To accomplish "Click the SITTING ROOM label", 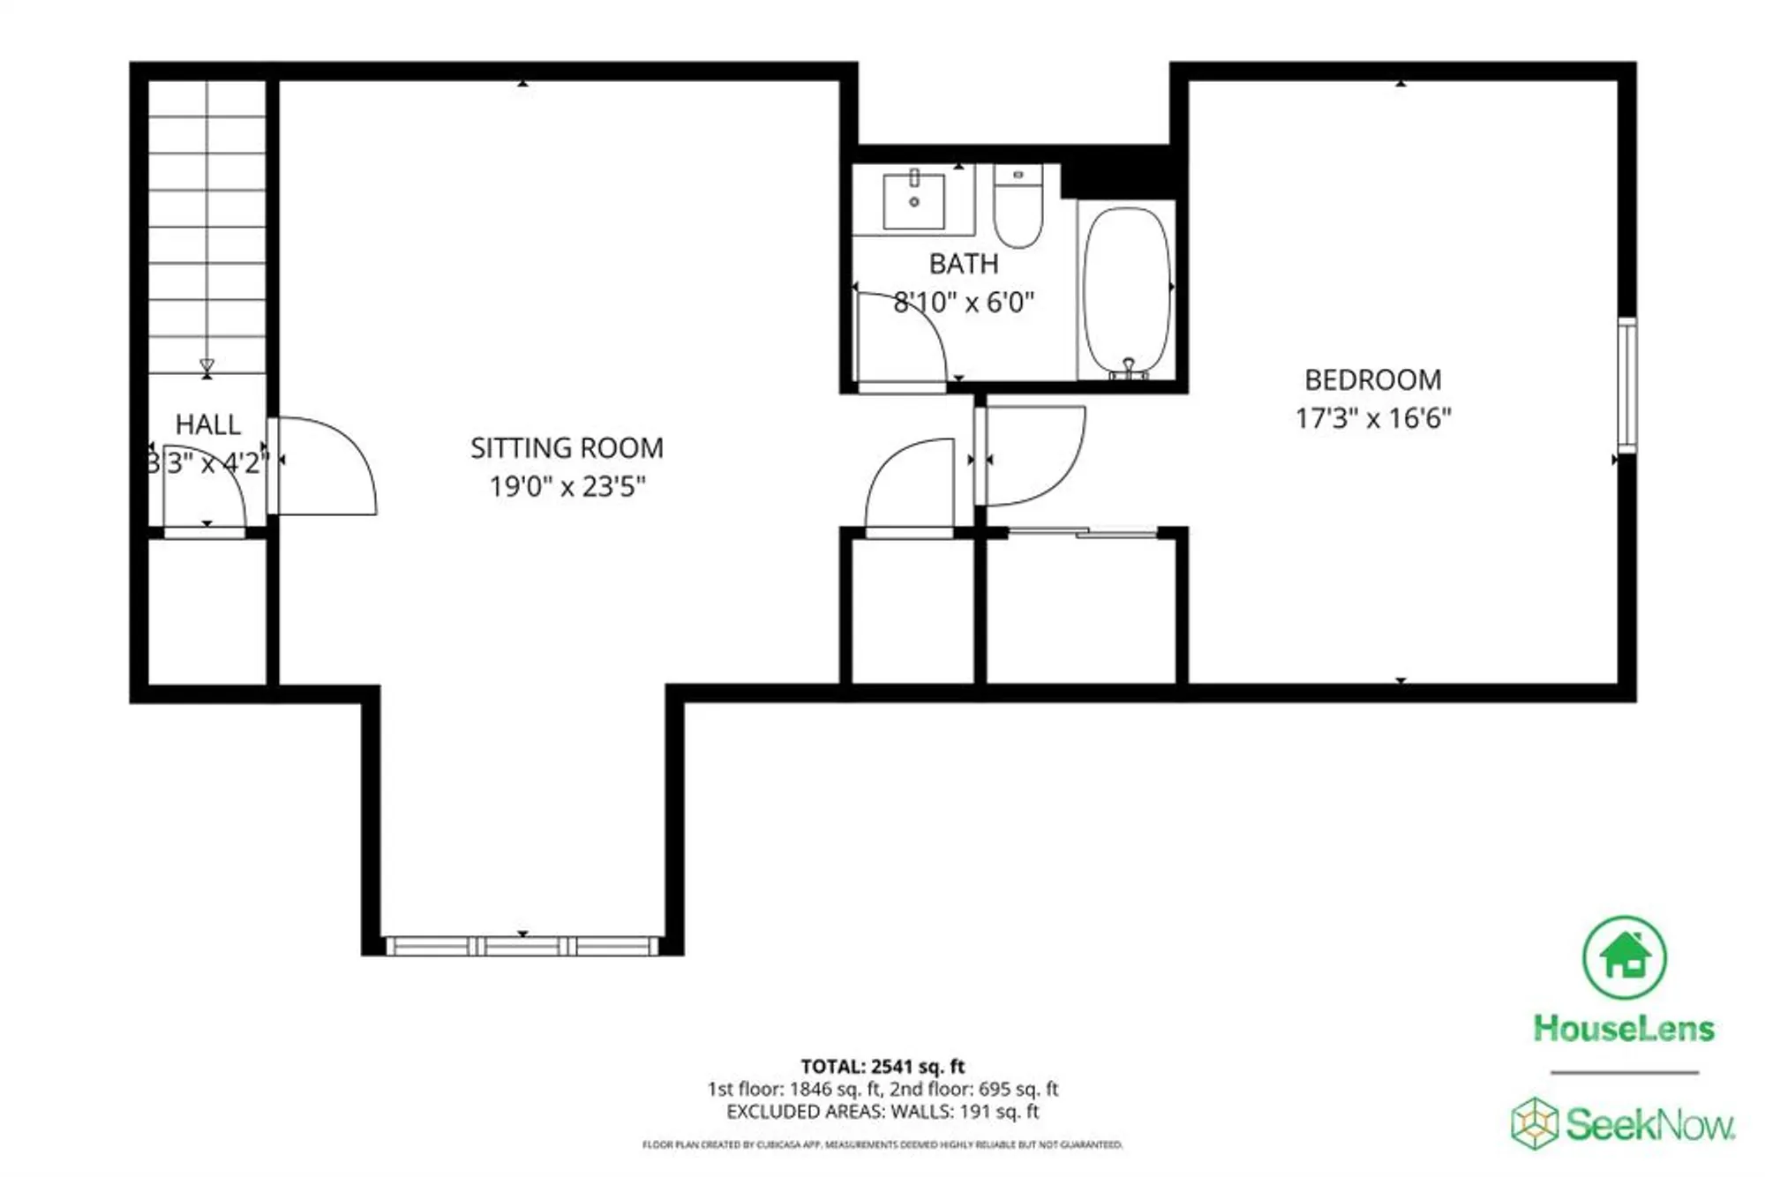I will [x=567, y=448].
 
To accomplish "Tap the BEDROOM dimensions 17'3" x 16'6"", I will [x=1372, y=417].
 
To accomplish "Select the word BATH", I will [x=964, y=264].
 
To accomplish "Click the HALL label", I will [x=207, y=424].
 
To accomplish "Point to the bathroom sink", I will [x=914, y=201].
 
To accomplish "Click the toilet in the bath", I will [x=1018, y=208].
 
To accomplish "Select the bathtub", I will [x=1127, y=291].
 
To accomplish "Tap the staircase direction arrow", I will [x=207, y=365].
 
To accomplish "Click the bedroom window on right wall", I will [x=1626, y=386].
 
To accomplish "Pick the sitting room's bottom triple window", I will [x=522, y=946].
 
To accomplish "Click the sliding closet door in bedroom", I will [x=1083, y=532].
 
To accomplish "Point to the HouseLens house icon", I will [x=1624, y=957].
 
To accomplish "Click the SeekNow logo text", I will [x=1649, y=1125].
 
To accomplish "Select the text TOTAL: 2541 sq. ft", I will [x=882, y=1066].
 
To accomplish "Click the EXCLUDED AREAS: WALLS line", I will [x=882, y=1112].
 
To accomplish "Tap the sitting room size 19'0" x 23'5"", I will [x=567, y=486].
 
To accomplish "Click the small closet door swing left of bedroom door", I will [x=909, y=485].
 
